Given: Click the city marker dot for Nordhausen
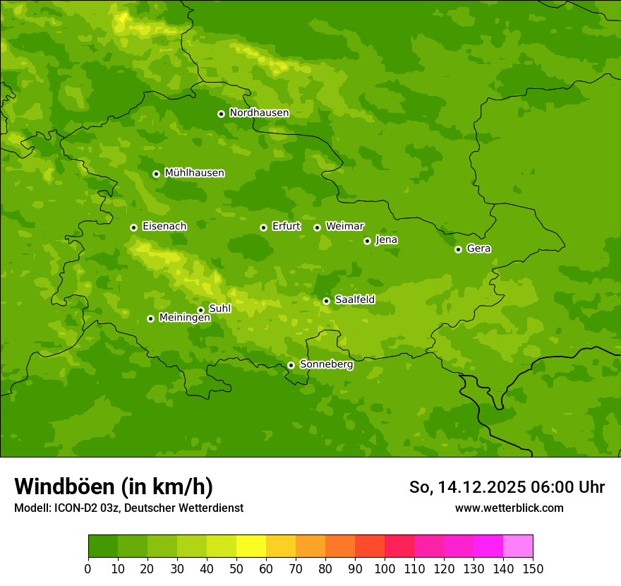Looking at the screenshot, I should click(221, 114).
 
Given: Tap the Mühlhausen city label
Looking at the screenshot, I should click(194, 173).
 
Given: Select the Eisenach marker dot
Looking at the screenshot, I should click(133, 227).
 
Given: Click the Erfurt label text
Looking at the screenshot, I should click(286, 227).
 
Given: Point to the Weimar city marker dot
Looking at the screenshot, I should click(317, 227).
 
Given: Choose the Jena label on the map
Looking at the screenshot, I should click(386, 240).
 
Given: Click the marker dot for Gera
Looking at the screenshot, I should click(458, 249).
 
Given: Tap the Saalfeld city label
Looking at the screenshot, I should click(354, 300).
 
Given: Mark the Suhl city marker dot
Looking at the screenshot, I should click(200, 310).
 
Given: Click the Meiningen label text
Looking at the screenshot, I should click(184, 318).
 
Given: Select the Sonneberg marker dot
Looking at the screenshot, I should click(291, 365).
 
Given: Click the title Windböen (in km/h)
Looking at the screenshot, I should click(114, 486).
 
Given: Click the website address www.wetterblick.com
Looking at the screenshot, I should click(509, 508).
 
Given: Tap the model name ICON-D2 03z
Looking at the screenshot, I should click(84, 508).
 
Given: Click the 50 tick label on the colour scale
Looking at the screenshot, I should click(236, 568).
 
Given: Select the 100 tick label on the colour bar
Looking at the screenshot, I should click(385, 568).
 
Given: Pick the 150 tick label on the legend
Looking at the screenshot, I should click(533, 568).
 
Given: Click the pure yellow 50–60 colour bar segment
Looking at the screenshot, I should click(251, 546).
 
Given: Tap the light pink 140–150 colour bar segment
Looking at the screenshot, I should click(518, 546).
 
